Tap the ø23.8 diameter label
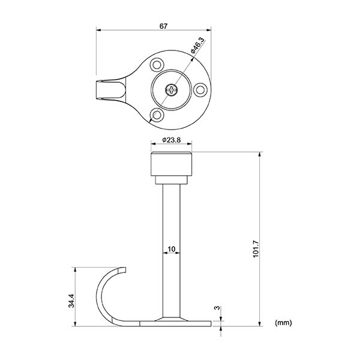(172, 141)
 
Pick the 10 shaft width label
(172, 248)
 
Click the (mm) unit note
(283, 322)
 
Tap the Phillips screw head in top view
(172, 91)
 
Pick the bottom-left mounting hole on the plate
(157, 115)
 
